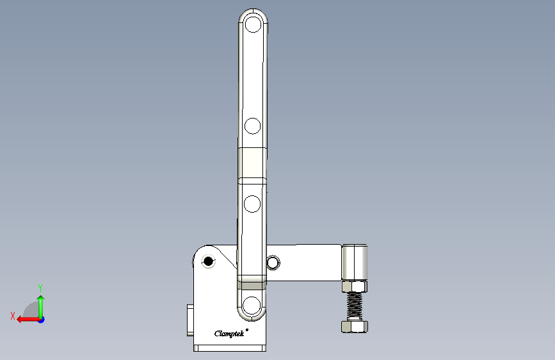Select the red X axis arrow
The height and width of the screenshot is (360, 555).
26,319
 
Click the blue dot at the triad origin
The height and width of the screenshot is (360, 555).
41,319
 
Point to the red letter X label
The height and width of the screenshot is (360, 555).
13,316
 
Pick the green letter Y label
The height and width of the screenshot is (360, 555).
40,288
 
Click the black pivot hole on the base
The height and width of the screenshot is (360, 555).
207,261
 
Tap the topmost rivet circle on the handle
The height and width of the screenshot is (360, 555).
253,25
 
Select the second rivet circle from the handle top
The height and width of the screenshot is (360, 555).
253,126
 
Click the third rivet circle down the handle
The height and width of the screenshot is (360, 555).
253,204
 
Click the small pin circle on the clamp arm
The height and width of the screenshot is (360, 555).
273,262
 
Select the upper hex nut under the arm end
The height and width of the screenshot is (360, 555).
355,286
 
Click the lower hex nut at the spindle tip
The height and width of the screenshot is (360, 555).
355,327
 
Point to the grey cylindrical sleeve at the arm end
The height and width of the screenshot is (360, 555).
355,262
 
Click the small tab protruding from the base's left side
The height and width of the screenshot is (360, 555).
190,321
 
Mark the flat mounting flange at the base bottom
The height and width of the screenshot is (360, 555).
230,348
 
